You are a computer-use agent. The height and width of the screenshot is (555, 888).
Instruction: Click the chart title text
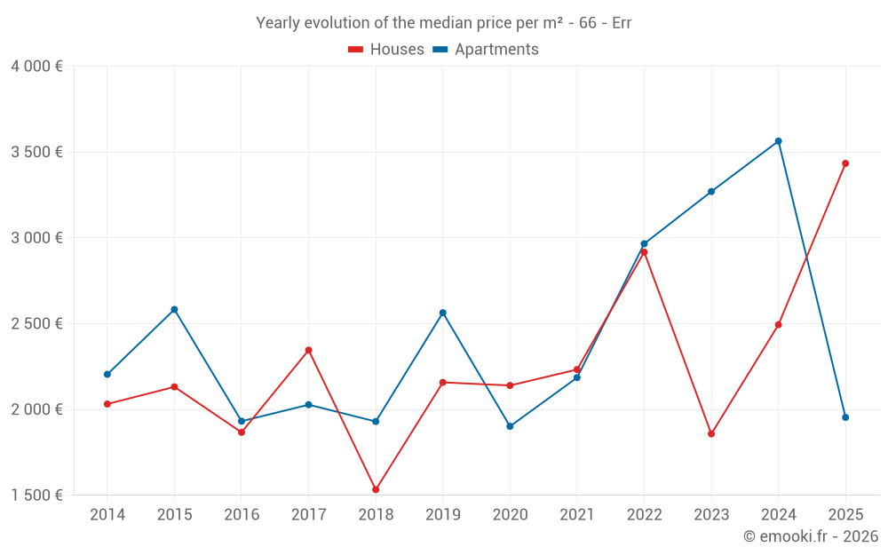click(x=443, y=23)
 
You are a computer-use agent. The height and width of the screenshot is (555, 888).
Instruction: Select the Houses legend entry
click(x=386, y=50)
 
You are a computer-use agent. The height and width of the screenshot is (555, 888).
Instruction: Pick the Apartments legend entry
click(x=486, y=50)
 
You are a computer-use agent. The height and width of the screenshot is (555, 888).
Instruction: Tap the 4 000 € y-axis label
click(x=36, y=67)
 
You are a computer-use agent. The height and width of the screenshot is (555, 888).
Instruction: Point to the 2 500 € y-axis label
click(x=36, y=324)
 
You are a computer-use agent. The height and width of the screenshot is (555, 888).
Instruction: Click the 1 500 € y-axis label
click(x=36, y=496)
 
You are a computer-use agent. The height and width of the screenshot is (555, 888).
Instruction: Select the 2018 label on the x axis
click(x=376, y=515)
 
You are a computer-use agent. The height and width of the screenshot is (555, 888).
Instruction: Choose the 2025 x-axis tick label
click(x=845, y=515)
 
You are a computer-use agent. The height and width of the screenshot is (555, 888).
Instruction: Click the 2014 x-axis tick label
click(x=107, y=515)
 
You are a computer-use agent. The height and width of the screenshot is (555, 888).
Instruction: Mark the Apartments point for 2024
click(x=779, y=141)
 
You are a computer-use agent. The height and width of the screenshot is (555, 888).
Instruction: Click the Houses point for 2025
click(x=845, y=163)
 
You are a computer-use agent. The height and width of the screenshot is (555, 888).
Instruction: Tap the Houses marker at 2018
click(x=376, y=489)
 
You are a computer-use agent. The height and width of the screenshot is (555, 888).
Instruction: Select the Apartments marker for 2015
click(x=174, y=309)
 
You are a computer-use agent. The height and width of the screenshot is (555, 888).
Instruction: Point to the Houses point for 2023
click(x=711, y=433)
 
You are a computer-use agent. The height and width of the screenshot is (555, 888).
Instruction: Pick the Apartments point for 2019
click(x=443, y=313)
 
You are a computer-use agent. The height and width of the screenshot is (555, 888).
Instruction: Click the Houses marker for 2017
click(x=308, y=350)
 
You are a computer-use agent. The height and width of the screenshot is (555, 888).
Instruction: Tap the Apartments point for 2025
click(x=845, y=417)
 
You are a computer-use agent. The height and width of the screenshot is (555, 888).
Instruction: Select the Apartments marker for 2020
click(x=510, y=426)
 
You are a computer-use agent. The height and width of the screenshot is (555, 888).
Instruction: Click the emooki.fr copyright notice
click(x=810, y=536)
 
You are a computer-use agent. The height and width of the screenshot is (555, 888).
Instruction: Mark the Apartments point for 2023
click(x=711, y=191)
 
